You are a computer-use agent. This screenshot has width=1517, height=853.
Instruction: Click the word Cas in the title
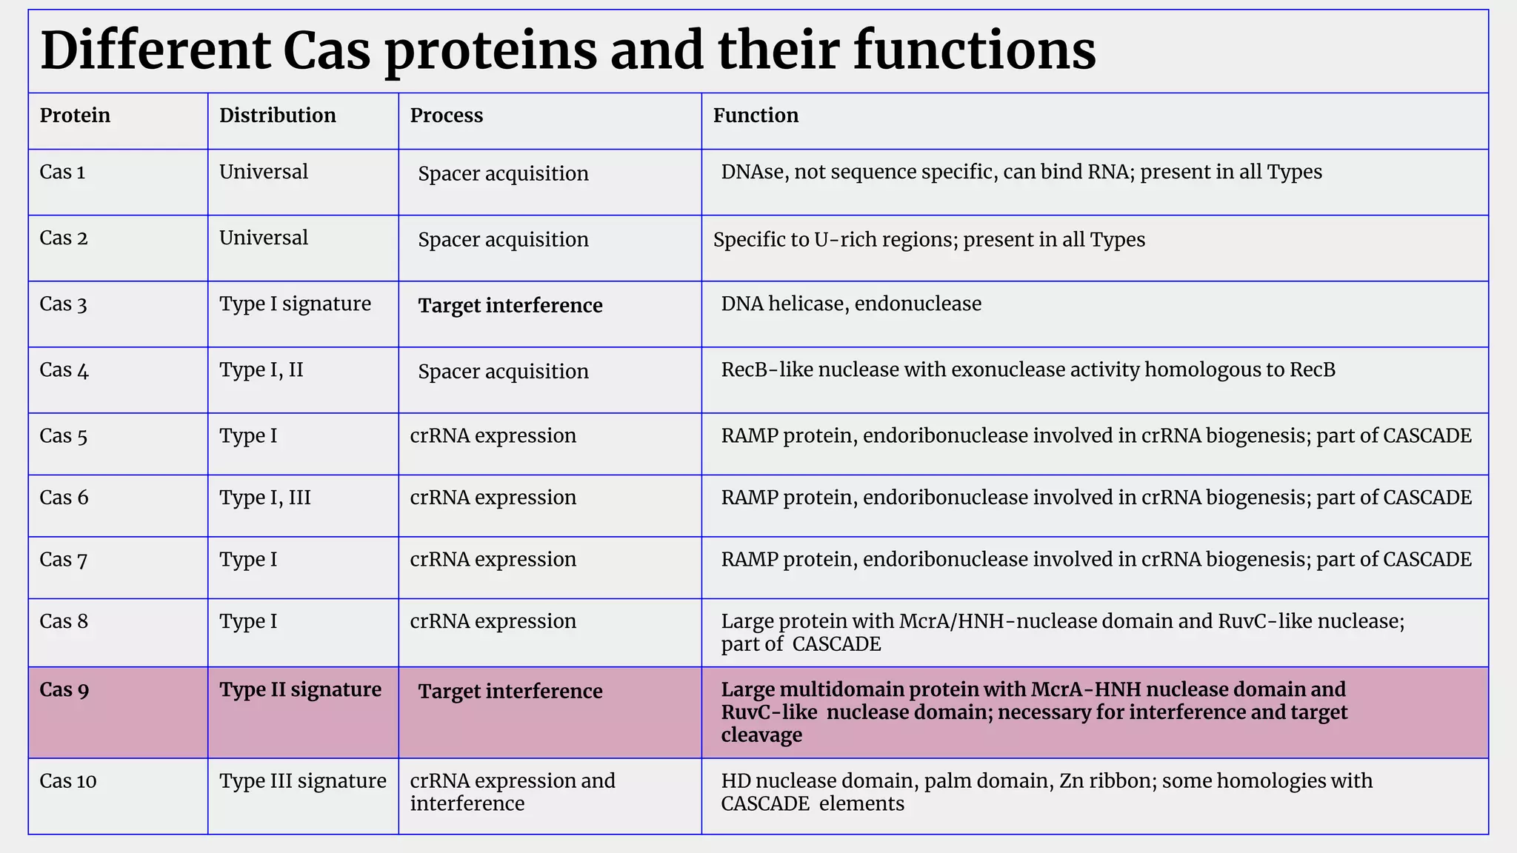[x=326, y=50]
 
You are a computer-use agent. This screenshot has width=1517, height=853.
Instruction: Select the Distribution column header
[x=277, y=116]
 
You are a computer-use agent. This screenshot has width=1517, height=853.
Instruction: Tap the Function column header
[x=755, y=116]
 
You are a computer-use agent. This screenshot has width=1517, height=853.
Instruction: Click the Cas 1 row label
[x=62, y=173]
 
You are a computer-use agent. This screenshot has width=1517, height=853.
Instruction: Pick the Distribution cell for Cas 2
[x=263, y=238]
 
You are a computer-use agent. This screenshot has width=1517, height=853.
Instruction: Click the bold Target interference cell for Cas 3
[x=510, y=306]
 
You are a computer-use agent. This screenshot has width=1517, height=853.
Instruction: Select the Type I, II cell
[x=261, y=370]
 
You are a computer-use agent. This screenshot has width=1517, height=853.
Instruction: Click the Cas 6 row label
[x=64, y=498]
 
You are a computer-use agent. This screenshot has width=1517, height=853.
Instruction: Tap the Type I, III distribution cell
[x=264, y=498]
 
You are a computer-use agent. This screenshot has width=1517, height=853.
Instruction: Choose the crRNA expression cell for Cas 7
[x=493, y=560]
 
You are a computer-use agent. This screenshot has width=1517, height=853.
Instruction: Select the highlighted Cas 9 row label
[x=64, y=690]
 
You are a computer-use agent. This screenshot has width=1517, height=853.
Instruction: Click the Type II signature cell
[x=300, y=690]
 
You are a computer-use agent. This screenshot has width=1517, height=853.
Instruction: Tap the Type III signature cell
[x=302, y=781]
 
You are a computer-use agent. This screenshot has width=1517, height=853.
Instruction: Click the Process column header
[x=446, y=116]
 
